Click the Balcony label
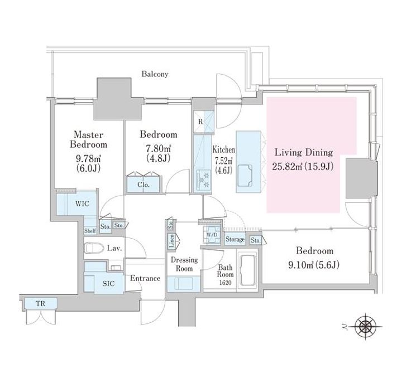pyautogui.click(x=155, y=74)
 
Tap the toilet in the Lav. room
pyautogui.click(x=94, y=248)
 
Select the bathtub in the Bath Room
pyautogui.click(x=248, y=269)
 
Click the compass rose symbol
pyautogui.click(x=366, y=327)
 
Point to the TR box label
pyautogui.click(x=41, y=304)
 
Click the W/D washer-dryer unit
pyautogui.click(x=212, y=234)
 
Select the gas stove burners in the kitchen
pyautogui.click(x=204, y=180)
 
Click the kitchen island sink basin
pyautogui.click(x=245, y=176)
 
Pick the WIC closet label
pyautogui.click(x=82, y=204)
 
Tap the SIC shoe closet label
pyautogui.click(x=108, y=284)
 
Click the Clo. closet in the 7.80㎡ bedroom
pyautogui.click(x=143, y=185)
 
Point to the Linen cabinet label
pyautogui.click(x=172, y=241)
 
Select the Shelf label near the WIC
pyautogui.click(x=90, y=231)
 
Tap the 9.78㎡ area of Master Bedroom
pyautogui.click(x=88, y=159)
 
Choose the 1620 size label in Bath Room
pyautogui.click(x=226, y=283)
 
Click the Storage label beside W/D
pyautogui.click(x=235, y=240)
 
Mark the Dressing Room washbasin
pyautogui.click(x=184, y=284)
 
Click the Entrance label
pyautogui.click(x=145, y=278)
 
